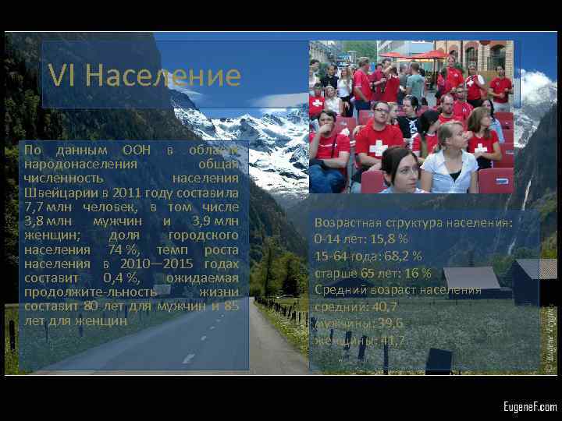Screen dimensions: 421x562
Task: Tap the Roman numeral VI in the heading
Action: (x=62, y=76)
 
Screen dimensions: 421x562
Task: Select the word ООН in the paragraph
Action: (x=140, y=150)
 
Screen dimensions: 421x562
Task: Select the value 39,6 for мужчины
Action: (x=388, y=323)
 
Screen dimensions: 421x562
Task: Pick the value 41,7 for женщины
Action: (x=390, y=340)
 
